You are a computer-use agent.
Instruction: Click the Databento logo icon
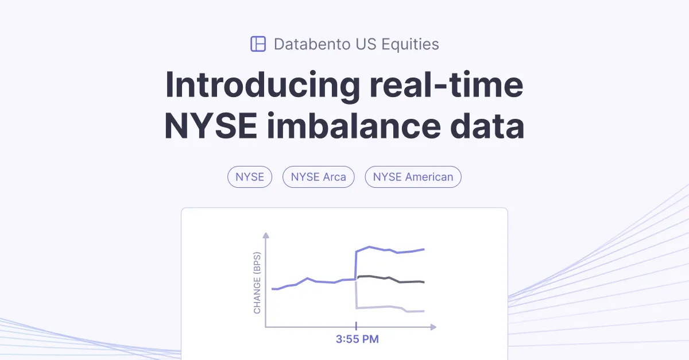258,44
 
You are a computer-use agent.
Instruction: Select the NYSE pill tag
250,177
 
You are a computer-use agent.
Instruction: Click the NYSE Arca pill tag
318,177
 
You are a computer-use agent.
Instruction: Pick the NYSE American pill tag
413,177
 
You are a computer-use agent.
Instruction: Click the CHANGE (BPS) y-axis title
257,282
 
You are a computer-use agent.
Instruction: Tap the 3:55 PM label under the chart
357,339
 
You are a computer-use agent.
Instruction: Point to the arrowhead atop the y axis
265,235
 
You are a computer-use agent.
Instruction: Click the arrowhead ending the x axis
433,327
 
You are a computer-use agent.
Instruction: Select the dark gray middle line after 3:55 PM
390,279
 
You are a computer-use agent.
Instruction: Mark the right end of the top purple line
424,249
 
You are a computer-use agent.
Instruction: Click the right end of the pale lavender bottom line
424,311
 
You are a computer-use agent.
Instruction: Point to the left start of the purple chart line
272,289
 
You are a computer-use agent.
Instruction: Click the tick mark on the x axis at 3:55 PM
357,327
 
